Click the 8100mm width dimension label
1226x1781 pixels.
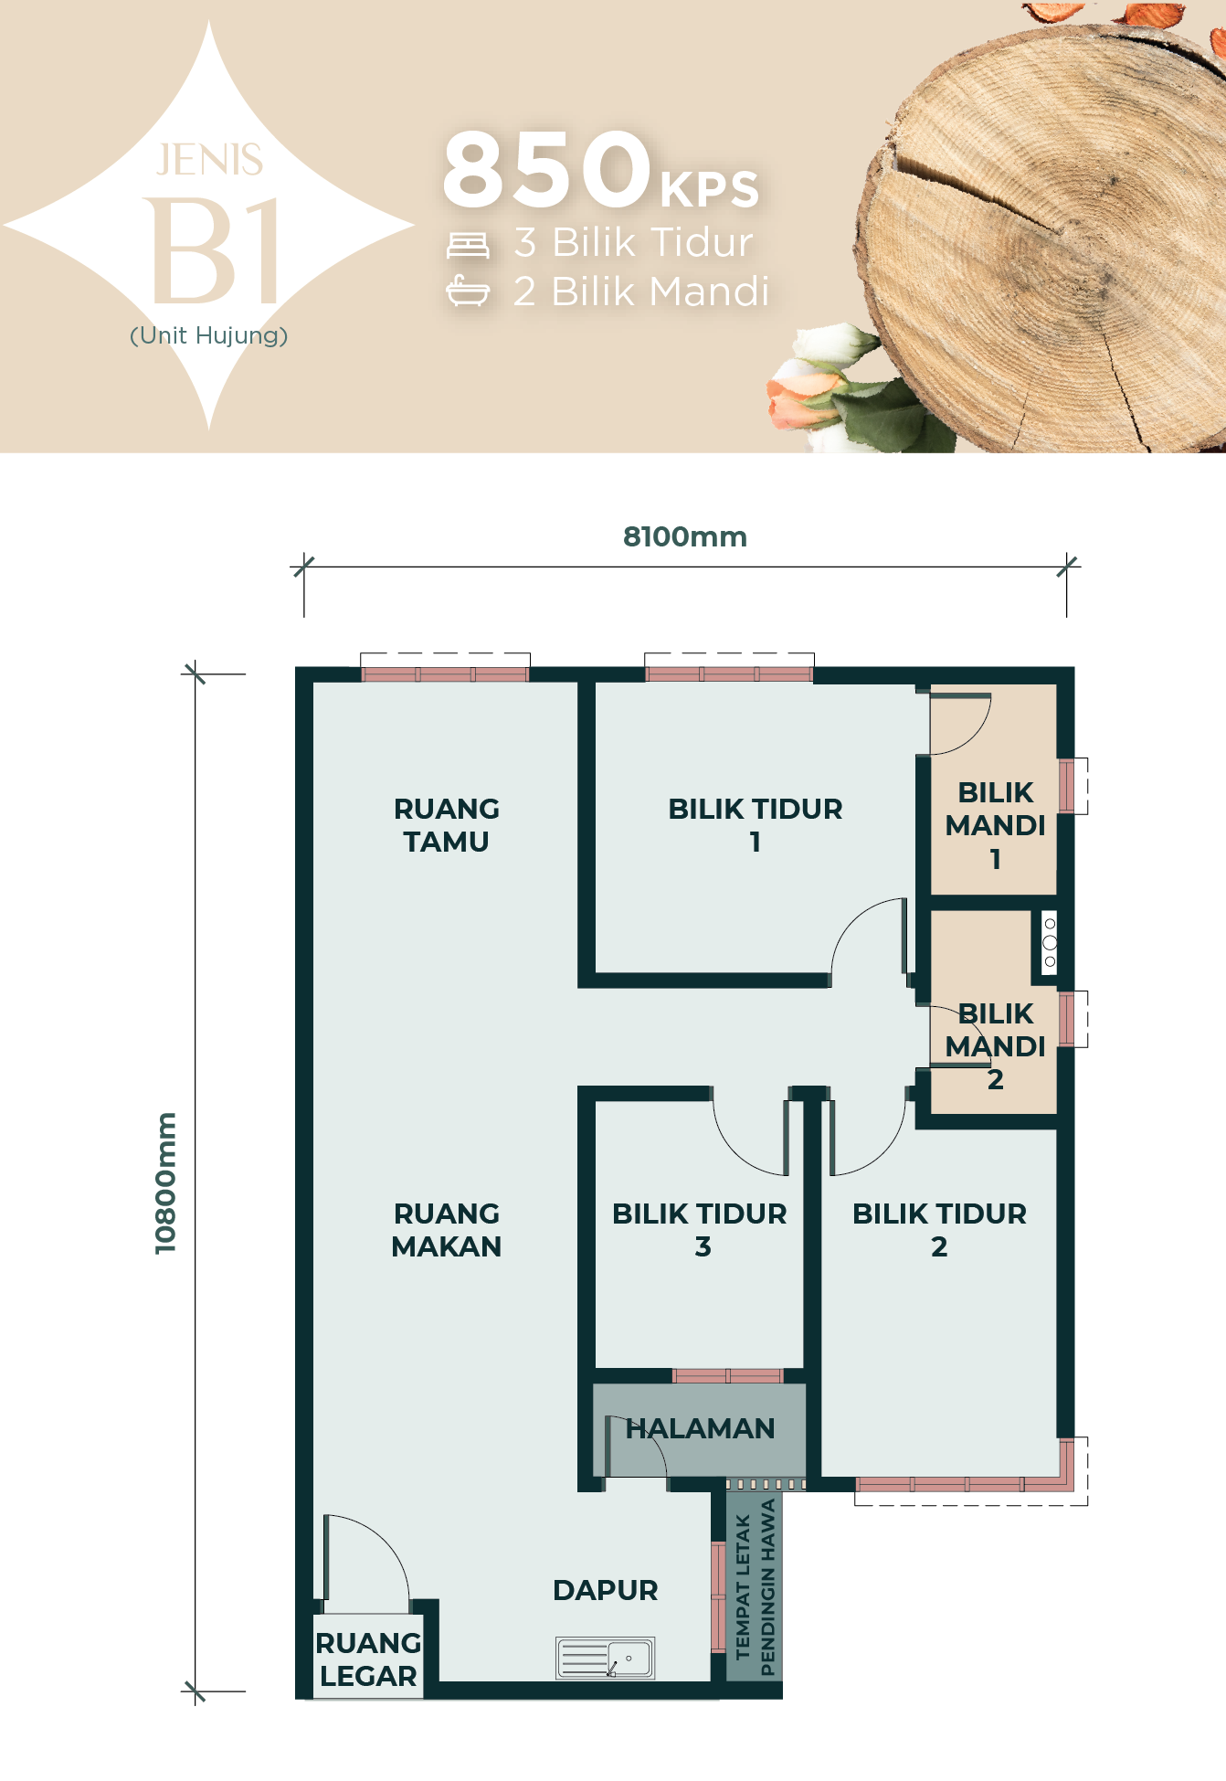coord(685,536)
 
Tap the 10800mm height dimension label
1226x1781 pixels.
coord(165,1183)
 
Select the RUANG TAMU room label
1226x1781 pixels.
coord(447,825)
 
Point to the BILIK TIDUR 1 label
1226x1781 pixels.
coord(756,825)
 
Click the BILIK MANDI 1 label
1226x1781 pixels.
coord(996,825)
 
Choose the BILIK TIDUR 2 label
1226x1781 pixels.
coord(939,1230)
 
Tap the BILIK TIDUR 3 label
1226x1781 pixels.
coord(700,1230)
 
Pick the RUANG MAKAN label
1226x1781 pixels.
coord(447,1230)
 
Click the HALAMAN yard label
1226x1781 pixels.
coord(701,1428)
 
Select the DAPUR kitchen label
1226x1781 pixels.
coord(606,1590)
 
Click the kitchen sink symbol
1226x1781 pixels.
coord(606,1658)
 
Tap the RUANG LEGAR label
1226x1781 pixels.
coord(368,1659)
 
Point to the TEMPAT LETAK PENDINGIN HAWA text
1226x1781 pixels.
coord(755,1587)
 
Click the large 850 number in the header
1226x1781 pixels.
coord(547,169)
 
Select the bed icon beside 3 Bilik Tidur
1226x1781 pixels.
coord(468,245)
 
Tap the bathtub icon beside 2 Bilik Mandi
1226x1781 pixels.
coord(468,292)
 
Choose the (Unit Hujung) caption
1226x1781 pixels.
coord(209,335)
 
